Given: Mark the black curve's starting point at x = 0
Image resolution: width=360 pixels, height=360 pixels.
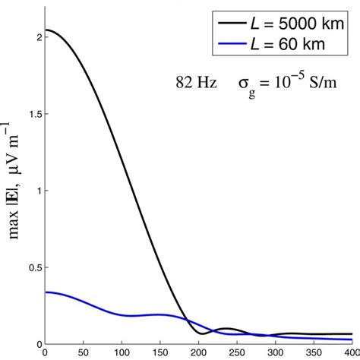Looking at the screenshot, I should pyautogui.click(x=46, y=30).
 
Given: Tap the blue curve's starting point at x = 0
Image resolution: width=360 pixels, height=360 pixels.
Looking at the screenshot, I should pyautogui.click(x=46, y=292).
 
